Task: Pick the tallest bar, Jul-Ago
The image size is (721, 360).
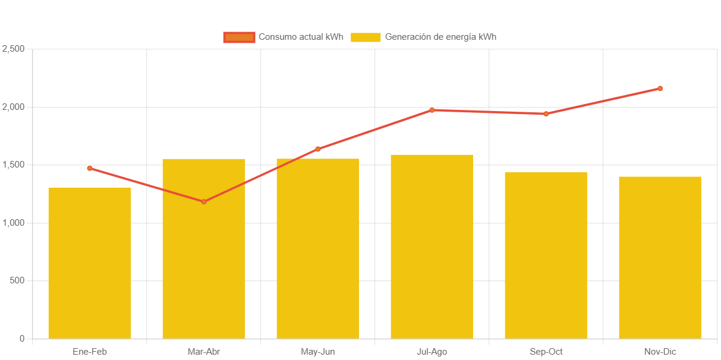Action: click(x=432, y=247)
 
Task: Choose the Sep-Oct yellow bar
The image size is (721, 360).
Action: click(x=546, y=255)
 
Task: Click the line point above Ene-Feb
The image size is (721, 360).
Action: click(x=90, y=168)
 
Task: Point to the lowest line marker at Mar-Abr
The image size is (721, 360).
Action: click(x=204, y=201)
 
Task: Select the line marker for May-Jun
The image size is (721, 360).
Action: click(x=318, y=149)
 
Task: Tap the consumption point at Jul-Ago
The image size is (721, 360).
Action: click(x=432, y=110)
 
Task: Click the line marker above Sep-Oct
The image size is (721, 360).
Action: click(x=546, y=113)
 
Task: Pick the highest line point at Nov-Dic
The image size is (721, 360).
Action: click(x=660, y=89)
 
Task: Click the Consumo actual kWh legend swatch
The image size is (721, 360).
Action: click(x=239, y=37)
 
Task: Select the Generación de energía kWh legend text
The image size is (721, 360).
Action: click(x=440, y=37)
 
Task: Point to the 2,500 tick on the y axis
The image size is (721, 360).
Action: click(x=13, y=49)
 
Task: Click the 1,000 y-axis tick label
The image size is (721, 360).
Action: click(x=13, y=223)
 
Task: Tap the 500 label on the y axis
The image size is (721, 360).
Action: click(x=17, y=280)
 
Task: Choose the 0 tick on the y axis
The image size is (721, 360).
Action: click(x=22, y=339)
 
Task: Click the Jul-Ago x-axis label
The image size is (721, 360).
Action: click(x=432, y=352)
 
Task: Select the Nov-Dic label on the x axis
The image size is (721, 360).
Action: click(x=660, y=352)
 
